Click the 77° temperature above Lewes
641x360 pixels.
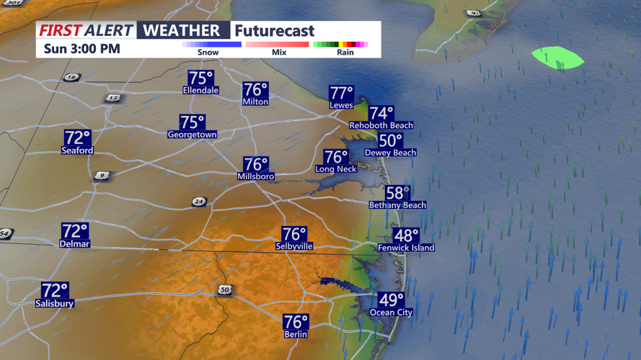click(x=342, y=94)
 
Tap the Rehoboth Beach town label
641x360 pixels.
click(x=381, y=125)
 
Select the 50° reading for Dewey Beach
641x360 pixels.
click(x=390, y=141)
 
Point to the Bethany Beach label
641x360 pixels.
click(x=397, y=205)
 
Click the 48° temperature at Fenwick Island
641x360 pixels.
click(x=406, y=235)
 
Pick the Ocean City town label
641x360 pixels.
click(x=391, y=312)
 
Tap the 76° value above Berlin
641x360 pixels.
click(x=296, y=322)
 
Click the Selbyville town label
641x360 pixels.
click(x=294, y=246)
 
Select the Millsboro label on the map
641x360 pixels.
click(x=256, y=176)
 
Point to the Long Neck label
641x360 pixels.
click(x=335, y=169)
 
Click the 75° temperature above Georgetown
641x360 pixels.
click(x=193, y=122)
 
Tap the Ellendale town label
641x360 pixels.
click(x=201, y=91)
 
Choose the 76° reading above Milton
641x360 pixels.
click(x=255, y=90)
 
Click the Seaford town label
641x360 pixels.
click(x=77, y=150)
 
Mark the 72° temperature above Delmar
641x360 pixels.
click(x=75, y=231)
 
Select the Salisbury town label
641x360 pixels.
click(x=55, y=304)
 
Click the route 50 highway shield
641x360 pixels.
click(x=226, y=289)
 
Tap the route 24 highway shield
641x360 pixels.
click(x=199, y=202)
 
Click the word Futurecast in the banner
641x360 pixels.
click(x=274, y=31)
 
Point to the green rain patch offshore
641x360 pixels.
click(x=557, y=58)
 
